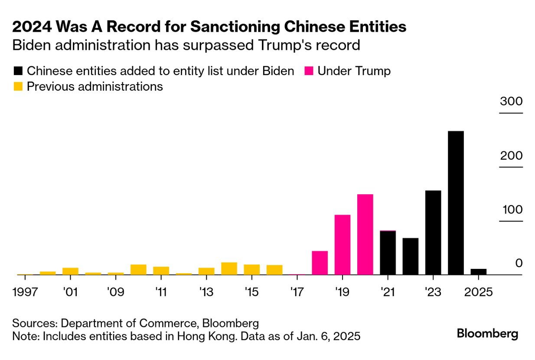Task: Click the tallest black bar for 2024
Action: tap(456, 203)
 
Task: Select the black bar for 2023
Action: tap(433, 232)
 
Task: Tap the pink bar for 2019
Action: tap(343, 245)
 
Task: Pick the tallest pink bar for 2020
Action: tap(365, 234)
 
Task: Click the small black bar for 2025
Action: tap(478, 272)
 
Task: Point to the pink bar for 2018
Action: tap(320, 263)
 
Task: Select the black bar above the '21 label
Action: tap(388, 253)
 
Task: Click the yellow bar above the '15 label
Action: tap(251, 269)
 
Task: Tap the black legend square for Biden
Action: tap(18, 71)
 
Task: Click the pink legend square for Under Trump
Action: tap(309, 71)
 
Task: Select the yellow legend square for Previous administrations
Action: tap(18, 86)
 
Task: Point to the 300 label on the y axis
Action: tap(511, 102)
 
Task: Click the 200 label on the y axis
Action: tap(511, 156)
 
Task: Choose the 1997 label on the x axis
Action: tap(25, 291)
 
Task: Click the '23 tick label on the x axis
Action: tap(433, 291)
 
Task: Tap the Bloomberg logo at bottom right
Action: tap(487, 334)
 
